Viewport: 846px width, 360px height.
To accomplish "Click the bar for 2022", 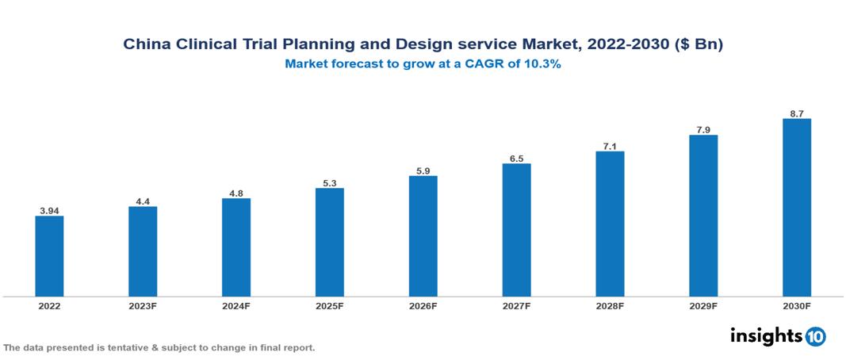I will [49, 256].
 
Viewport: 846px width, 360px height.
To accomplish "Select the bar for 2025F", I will [329, 242].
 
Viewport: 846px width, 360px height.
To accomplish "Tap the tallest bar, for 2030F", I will [796, 208].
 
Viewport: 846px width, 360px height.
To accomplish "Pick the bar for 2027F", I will [516, 230].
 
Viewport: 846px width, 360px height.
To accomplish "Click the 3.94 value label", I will [49, 211].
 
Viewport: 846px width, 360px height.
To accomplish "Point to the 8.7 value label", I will [797, 114].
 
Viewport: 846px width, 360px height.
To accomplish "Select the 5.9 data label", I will [423, 170].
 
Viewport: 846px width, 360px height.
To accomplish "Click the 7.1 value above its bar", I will [610, 147].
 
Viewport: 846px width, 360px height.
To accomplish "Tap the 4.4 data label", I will [143, 201].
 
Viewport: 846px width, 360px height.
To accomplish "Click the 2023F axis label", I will [143, 305].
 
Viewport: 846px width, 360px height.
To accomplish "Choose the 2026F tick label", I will [423, 305].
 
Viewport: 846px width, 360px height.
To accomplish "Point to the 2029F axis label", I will [703, 305].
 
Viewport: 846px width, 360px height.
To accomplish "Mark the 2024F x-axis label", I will [236, 305].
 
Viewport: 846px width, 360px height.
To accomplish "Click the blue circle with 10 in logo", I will [816, 336].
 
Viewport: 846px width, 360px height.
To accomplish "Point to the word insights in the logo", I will [766, 335].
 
